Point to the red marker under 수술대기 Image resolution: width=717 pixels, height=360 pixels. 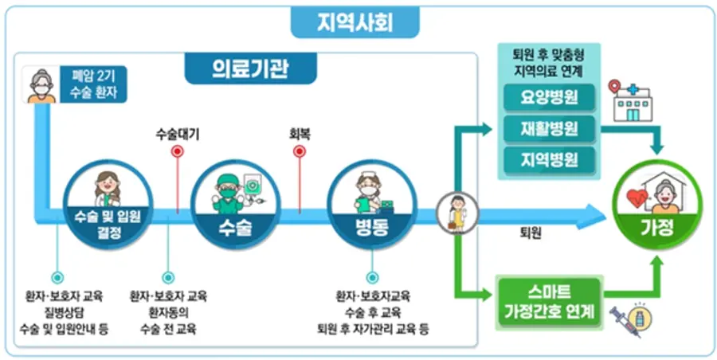[178, 150]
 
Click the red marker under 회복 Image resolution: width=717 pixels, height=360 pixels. [300, 150]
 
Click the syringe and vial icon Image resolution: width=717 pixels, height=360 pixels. [629, 320]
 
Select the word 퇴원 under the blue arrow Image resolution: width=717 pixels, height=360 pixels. [530, 233]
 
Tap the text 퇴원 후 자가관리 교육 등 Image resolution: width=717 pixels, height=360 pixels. [373, 328]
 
